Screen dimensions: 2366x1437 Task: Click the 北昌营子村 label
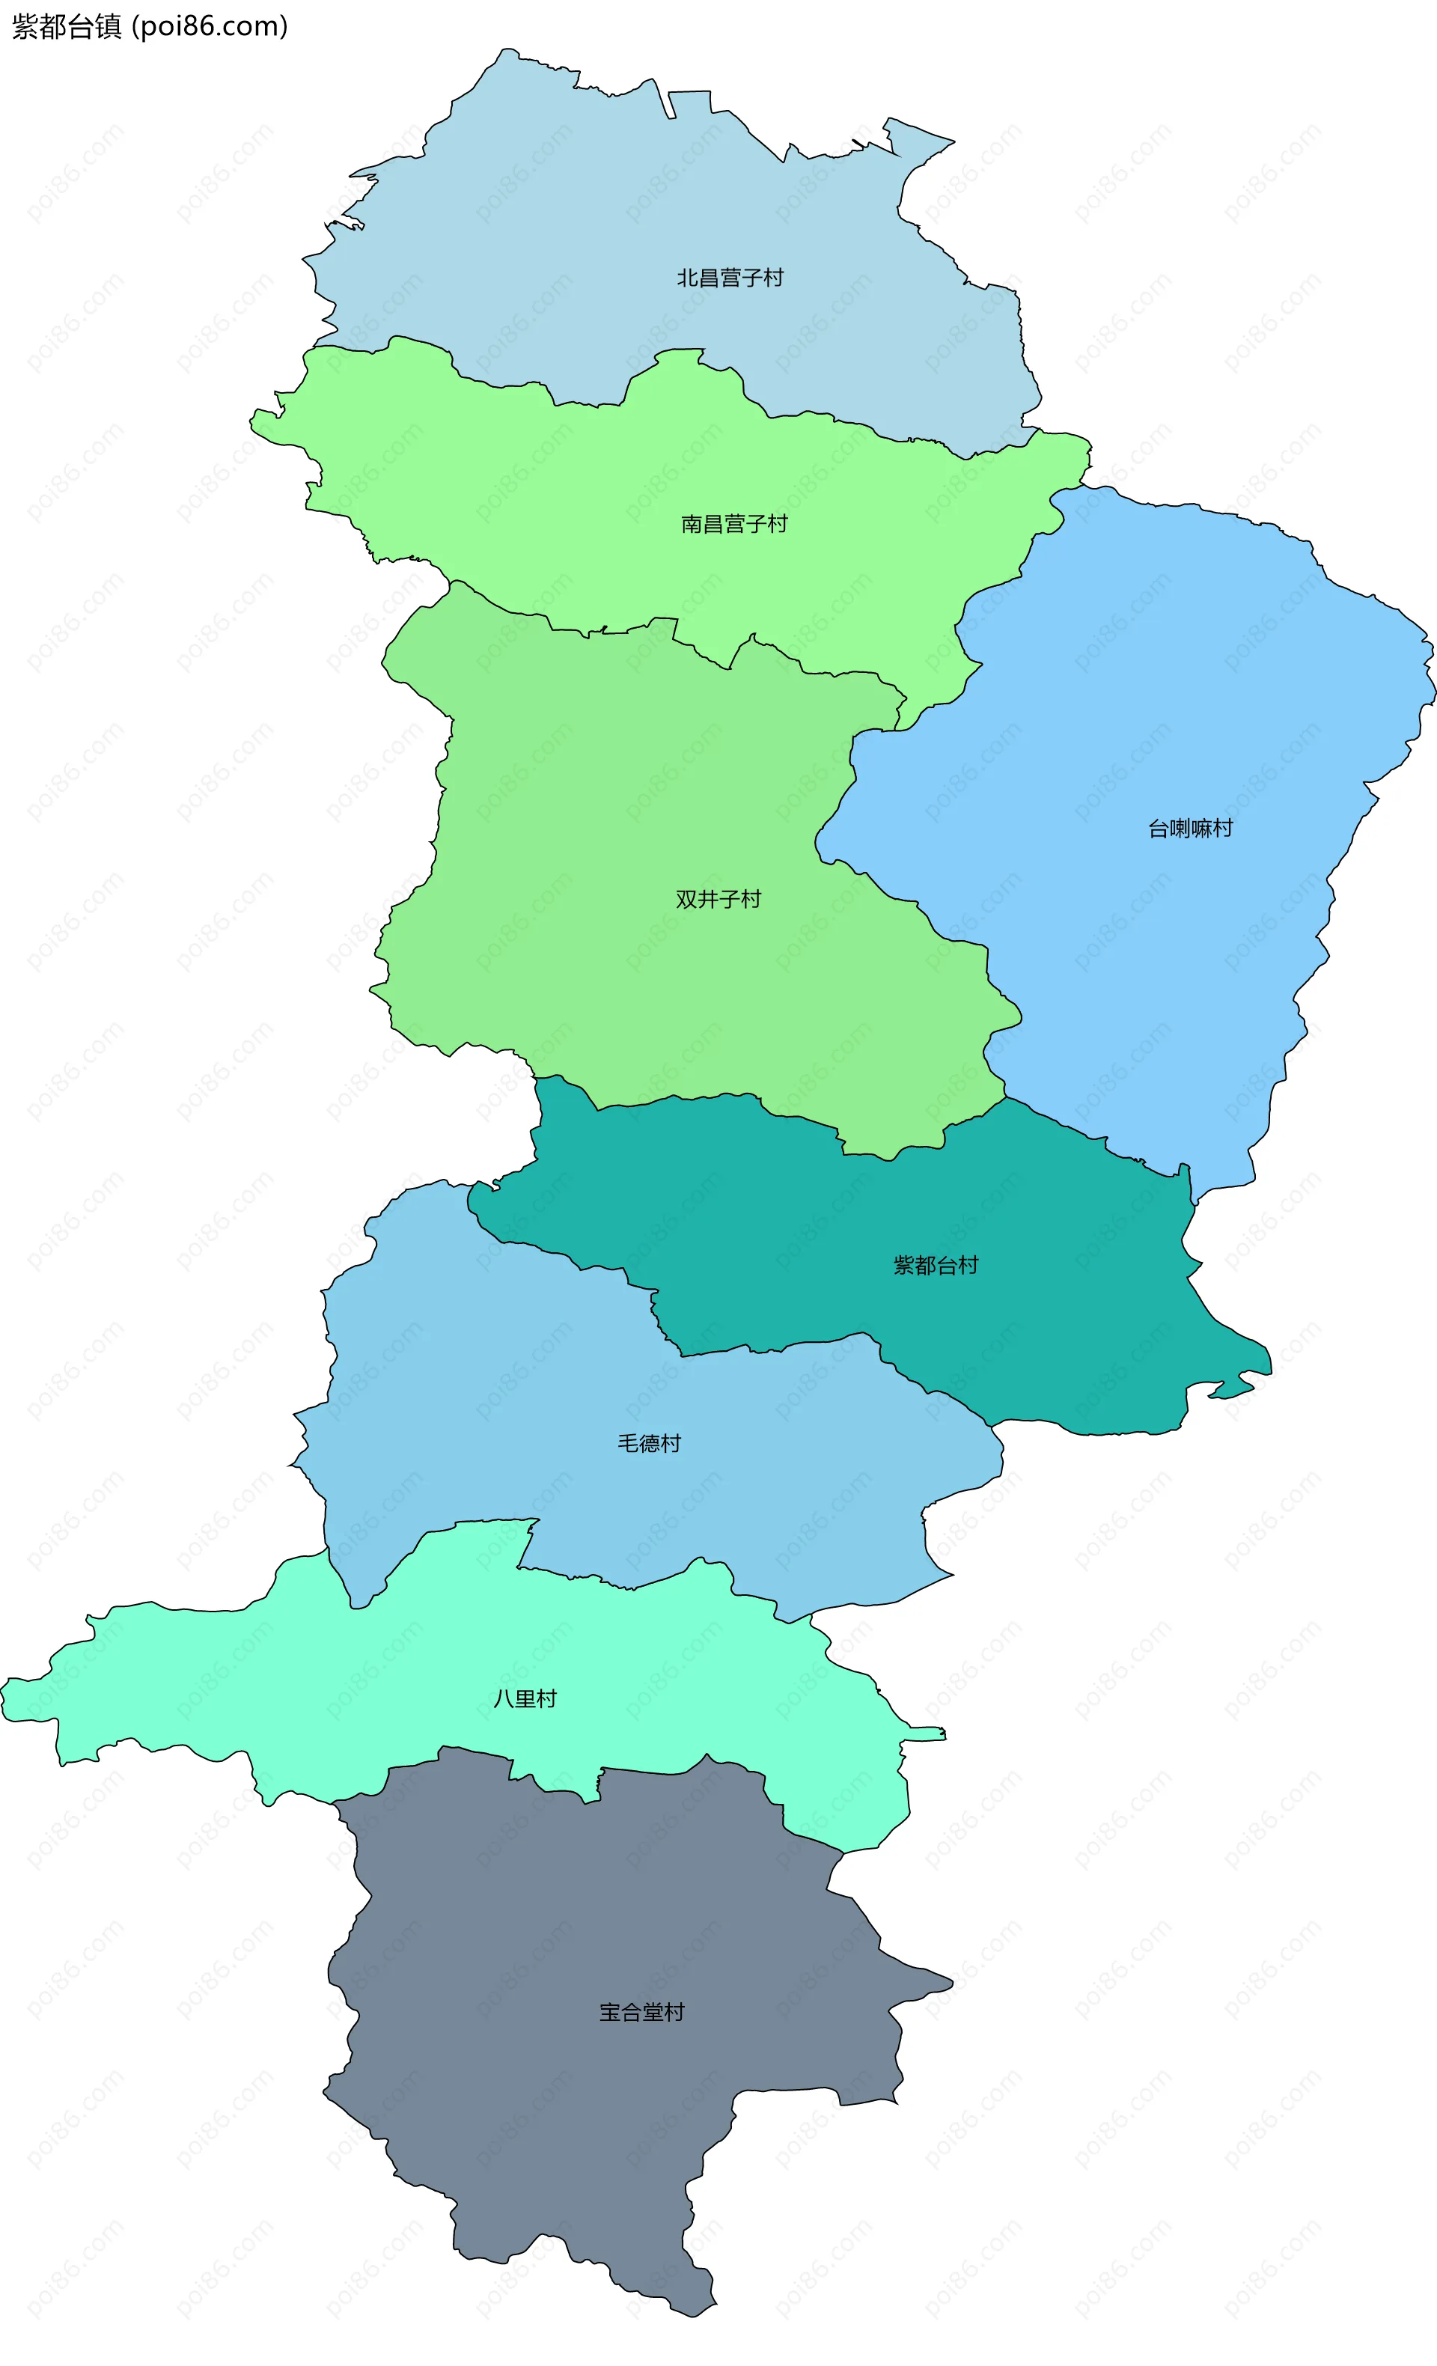[x=730, y=278]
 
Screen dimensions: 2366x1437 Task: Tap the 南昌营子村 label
[x=733, y=524]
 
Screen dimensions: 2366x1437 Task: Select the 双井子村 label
[x=717, y=900]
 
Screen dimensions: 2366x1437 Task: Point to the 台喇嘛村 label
[x=1189, y=829]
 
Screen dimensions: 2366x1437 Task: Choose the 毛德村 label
[x=649, y=1443]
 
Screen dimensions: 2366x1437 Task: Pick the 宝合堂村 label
[x=641, y=2012]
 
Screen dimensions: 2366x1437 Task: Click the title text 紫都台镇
[x=66, y=27]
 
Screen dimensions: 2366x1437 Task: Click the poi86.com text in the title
[x=210, y=27]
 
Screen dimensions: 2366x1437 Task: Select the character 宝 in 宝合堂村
[x=609, y=2012]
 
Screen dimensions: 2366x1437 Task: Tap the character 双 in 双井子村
[x=686, y=900]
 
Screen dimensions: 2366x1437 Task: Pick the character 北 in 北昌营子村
[x=687, y=278]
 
